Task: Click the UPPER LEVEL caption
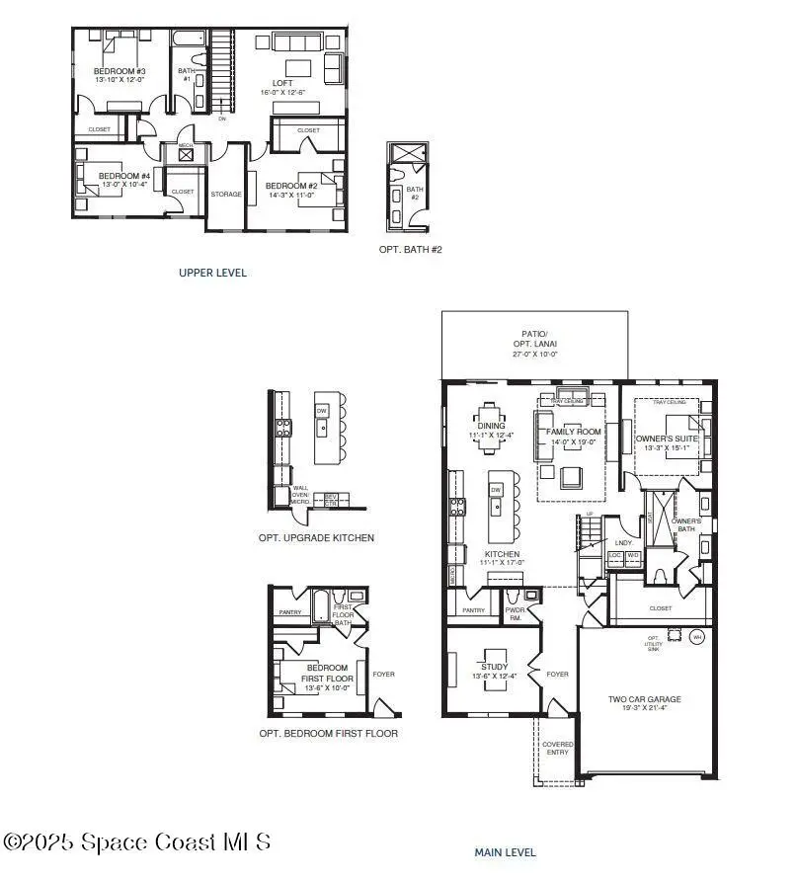(x=212, y=273)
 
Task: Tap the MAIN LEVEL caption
(x=504, y=851)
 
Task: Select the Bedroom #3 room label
(x=119, y=71)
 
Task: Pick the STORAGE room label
(x=226, y=194)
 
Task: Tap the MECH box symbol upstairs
(x=186, y=152)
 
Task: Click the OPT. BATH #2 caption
(x=410, y=250)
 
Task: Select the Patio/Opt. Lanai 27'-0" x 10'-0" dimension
(x=533, y=353)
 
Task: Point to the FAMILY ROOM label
(x=575, y=432)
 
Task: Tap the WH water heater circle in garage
(x=698, y=636)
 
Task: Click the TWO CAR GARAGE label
(x=644, y=699)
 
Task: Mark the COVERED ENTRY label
(x=558, y=748)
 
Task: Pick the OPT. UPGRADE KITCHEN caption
(x=316, y=537)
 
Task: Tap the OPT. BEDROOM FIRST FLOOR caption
(x=328, y=734)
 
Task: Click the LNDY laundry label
(x=622, y=542)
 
